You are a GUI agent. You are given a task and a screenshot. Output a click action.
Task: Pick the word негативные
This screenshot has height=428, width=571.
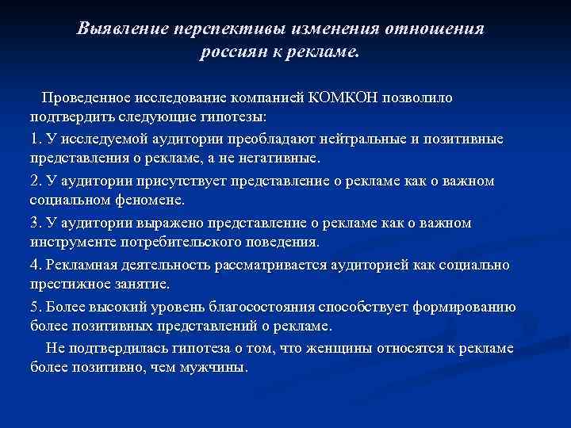(x=280, y=159)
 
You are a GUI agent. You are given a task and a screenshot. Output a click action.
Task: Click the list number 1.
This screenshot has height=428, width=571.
(x=34, y=139)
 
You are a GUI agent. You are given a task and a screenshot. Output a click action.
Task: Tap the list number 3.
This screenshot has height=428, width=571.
(x=34, y=222)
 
